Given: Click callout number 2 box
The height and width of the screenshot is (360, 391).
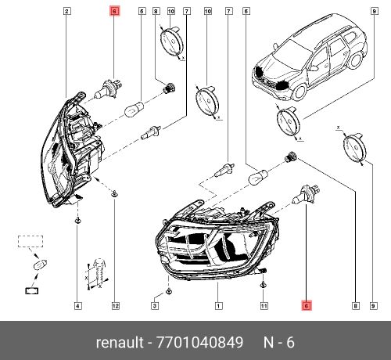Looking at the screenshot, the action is [67, 11].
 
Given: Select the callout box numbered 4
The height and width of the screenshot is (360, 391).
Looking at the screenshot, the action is [77, 305].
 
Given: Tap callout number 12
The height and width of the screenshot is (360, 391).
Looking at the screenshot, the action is [115, 305].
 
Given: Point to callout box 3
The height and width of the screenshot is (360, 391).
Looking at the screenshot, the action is [155, 305].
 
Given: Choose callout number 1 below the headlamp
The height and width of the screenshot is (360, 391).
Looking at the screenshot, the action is [218, 305].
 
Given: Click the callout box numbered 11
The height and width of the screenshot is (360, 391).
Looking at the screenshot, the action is [264, 305].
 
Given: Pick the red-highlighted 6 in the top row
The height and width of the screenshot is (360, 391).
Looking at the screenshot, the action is [115, 11].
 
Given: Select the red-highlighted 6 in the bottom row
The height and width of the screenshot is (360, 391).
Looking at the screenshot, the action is [307, 305].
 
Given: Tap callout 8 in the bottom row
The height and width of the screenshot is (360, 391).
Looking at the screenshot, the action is [355, 305].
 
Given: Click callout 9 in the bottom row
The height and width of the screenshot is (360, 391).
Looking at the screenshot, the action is [374, 305].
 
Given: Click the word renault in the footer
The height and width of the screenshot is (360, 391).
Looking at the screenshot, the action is [120, 342].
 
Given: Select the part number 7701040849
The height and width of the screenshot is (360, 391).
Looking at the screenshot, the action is [199, 342].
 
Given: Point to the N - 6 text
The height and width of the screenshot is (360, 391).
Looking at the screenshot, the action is [279, 342].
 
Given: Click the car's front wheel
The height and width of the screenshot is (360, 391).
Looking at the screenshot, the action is [300, 92].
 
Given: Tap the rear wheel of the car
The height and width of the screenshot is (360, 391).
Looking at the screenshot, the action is [355, 60].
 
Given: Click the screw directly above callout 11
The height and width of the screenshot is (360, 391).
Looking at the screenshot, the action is [264, 284].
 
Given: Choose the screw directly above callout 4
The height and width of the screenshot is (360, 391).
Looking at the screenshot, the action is [77, 221].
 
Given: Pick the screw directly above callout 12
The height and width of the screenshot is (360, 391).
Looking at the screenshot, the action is [115, 193].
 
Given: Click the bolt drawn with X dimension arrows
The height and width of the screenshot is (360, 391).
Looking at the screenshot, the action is [99, 272].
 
